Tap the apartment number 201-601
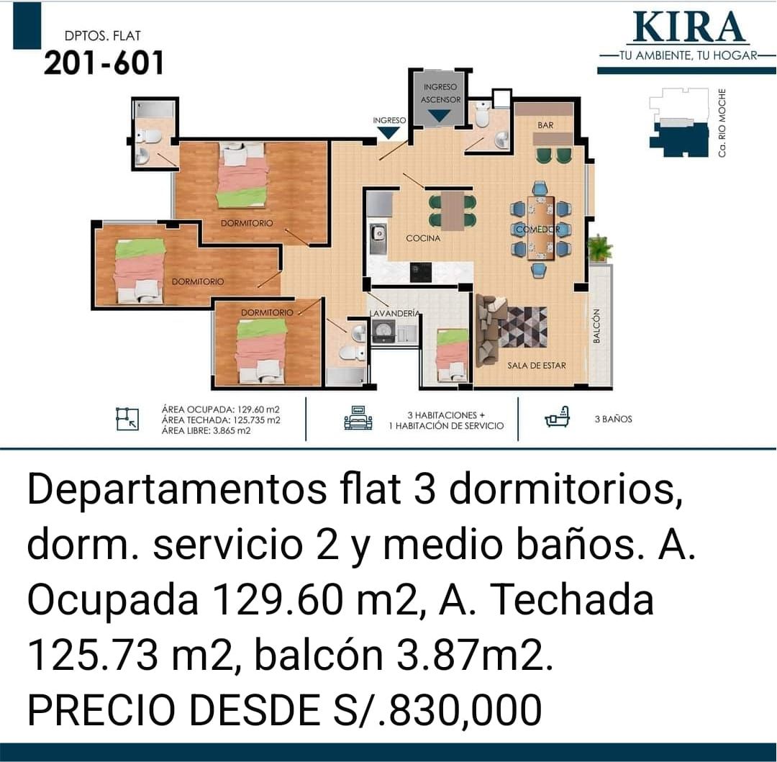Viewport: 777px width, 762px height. pos(104,63)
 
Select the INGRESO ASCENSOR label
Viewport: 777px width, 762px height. pos(440,93)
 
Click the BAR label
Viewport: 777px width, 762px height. pos(545,125)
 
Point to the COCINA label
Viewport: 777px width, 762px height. pos(423,238)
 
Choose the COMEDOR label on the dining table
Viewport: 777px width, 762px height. pos(537,230)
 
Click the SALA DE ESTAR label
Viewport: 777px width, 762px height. pos(537,366)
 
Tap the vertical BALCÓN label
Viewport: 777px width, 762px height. pos(596,325)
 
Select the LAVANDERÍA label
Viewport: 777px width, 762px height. pos(395,313)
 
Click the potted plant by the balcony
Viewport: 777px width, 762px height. pos(599,248)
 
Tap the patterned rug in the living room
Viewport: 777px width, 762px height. pos(523,327)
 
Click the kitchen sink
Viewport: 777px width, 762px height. pos(378,239)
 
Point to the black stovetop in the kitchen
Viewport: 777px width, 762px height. pos(421,273)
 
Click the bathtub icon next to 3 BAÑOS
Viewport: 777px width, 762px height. pos(557,417)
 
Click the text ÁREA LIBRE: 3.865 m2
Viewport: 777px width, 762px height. pos(206,431)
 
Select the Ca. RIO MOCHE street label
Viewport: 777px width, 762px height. pos(722,123)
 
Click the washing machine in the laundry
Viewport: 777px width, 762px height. pos(383,330)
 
